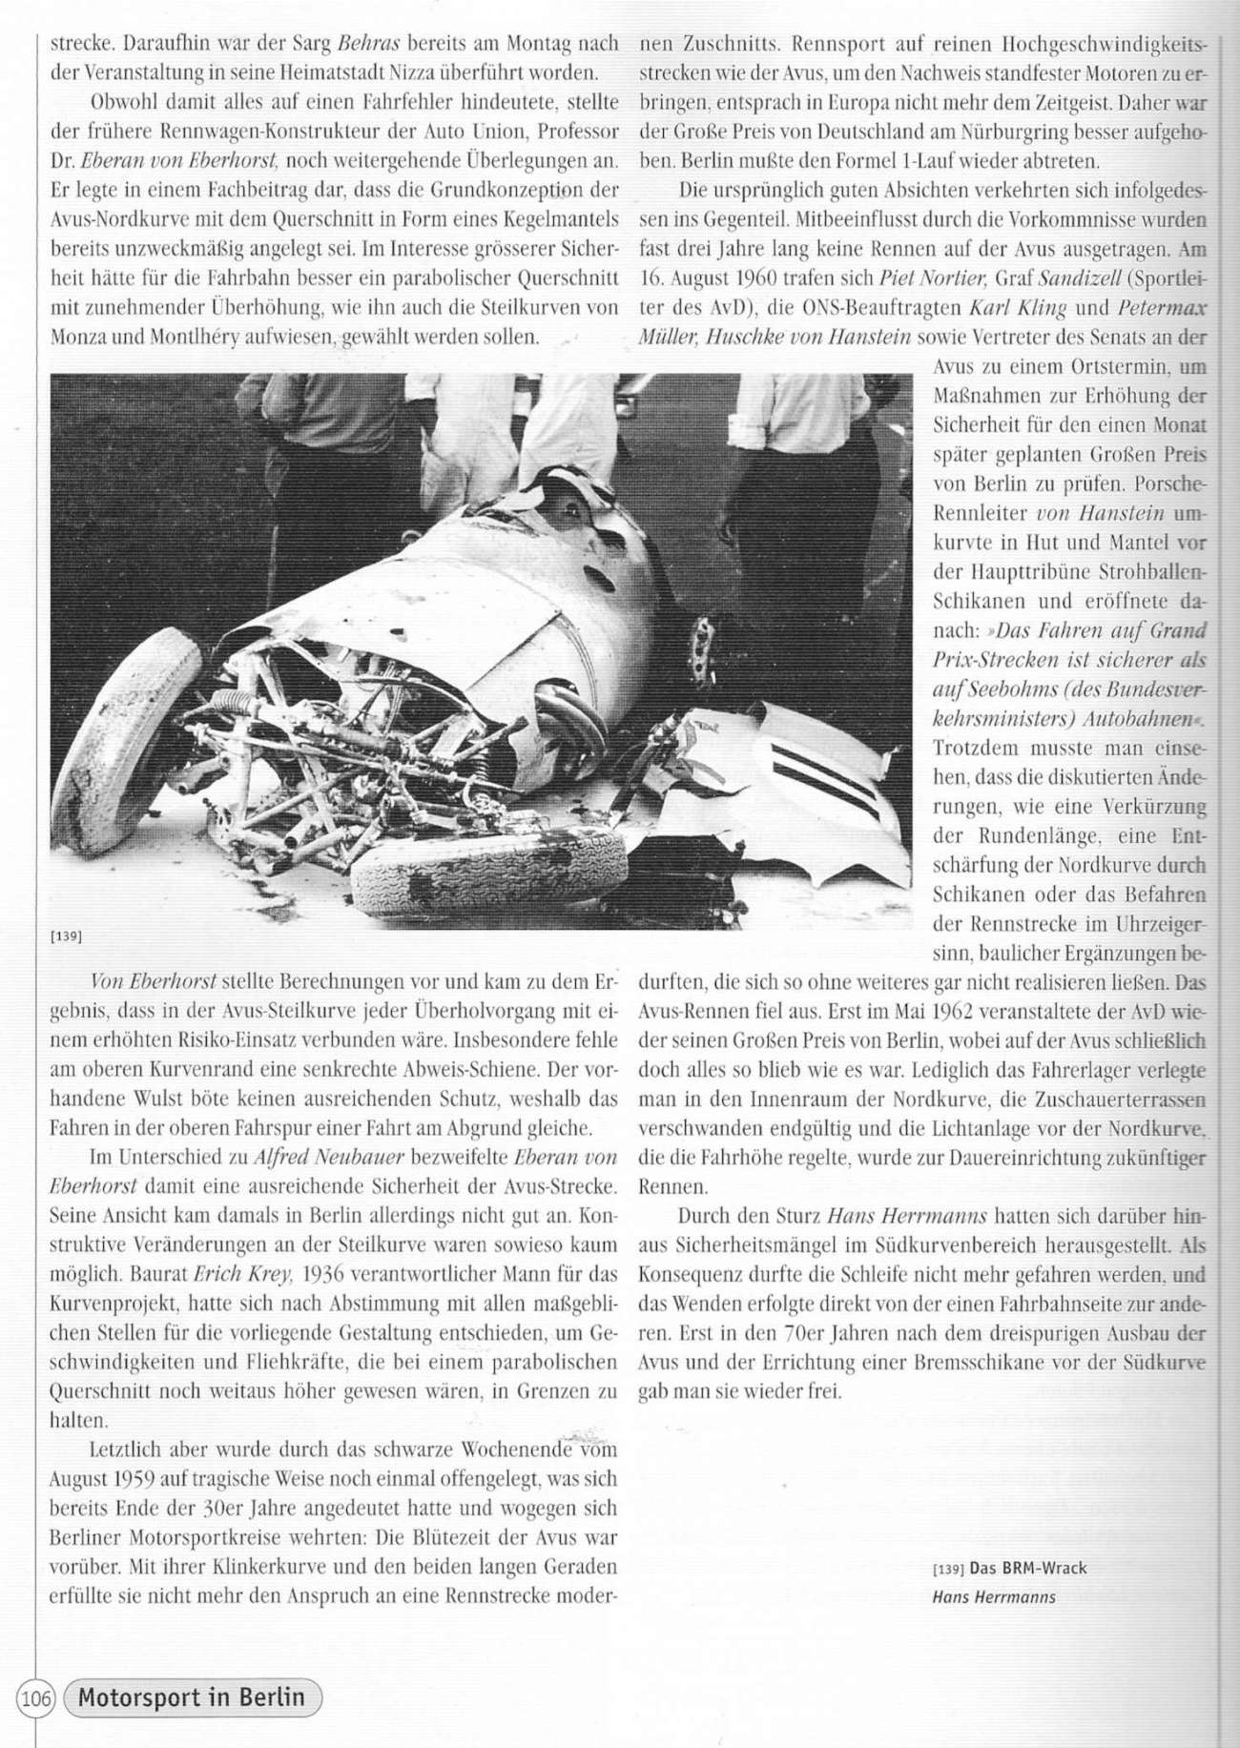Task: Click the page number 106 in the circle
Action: coord(37,1697)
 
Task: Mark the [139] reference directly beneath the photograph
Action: coord(64,936)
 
